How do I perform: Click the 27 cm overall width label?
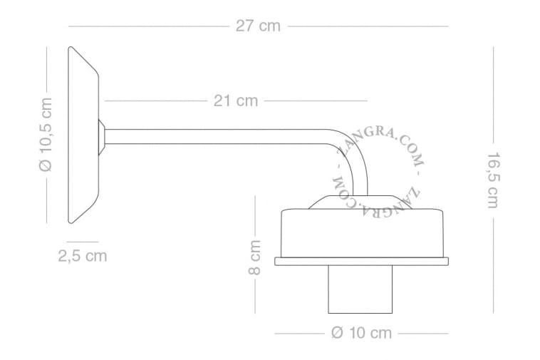pos(258,26)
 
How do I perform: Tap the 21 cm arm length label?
pos(236,101)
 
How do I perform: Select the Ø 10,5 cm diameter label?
pos(46,134)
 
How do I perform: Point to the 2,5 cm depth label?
pos(83,256)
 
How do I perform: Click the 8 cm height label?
pos(255,257)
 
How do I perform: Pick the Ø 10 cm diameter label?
pos(362,333)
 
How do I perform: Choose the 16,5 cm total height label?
pos(493,180)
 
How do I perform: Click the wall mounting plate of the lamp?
pos(83,135)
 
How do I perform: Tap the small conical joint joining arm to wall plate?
pos(102,137)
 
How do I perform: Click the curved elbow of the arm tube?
pos(355,151)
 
